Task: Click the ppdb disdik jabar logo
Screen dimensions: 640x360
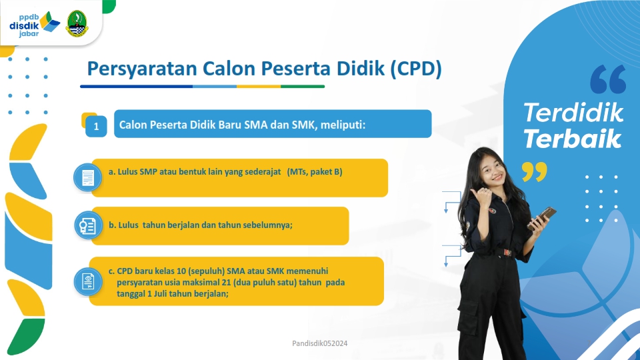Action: pyautogui.click(x=35, y=25)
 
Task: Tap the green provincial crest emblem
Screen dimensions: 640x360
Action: pyautogui.click(x=77, y=24)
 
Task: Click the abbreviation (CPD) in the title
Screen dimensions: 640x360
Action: pyautogui.click(x=416, y=69)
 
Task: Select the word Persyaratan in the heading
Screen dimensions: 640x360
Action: pyautogui.click(x=142, y=69)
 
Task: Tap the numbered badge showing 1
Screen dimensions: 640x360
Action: pyautogui.click(x=96, y=126)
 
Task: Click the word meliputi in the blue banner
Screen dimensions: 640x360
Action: pyautogui.click(x=343, y=125)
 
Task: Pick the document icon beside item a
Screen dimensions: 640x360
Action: pyautogui.click(x=88, y=178)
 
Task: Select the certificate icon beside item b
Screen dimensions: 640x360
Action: pyautogui.click(x=88, y=225)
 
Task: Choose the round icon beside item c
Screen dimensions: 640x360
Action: pyautogui.click(x=88, y=281)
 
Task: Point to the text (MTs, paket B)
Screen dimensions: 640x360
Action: pyautogui.click(x=315, y=172)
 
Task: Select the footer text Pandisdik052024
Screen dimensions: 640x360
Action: pyautogui.click(x=319, y=343)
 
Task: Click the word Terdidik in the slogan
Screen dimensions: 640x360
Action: pyautogui.click(x=573, y=112)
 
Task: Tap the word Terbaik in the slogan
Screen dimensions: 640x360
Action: pyautogui.click(x=572, y=139)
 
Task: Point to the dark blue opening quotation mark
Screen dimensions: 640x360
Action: pyautogui.click(x=608, y=79)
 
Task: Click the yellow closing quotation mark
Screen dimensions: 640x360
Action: pyautogui.click(x=534, y=171)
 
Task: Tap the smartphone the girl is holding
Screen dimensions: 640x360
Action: pyautogui.click(x=543, y=217)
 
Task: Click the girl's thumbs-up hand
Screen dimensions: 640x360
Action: pyautogui.click(x=481, y=199)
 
